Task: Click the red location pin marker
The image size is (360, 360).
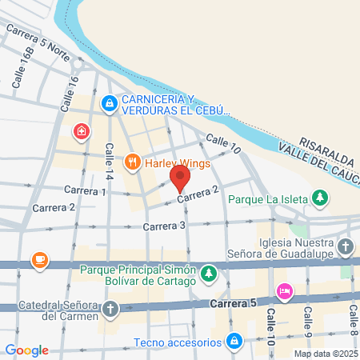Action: tap(179, 176)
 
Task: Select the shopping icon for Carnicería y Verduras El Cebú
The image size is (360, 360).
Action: tap(109, 103)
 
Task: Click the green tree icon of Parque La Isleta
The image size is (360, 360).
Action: tap(319, 197)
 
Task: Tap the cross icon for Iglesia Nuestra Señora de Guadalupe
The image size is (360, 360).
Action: tap(346, 246)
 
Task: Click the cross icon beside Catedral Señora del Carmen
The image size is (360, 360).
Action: tap(110, 308)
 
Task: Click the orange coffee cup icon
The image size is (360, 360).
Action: tap(39, 260)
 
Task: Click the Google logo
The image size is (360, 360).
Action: tap(26, 350)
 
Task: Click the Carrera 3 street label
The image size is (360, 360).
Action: tap(164, 226)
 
